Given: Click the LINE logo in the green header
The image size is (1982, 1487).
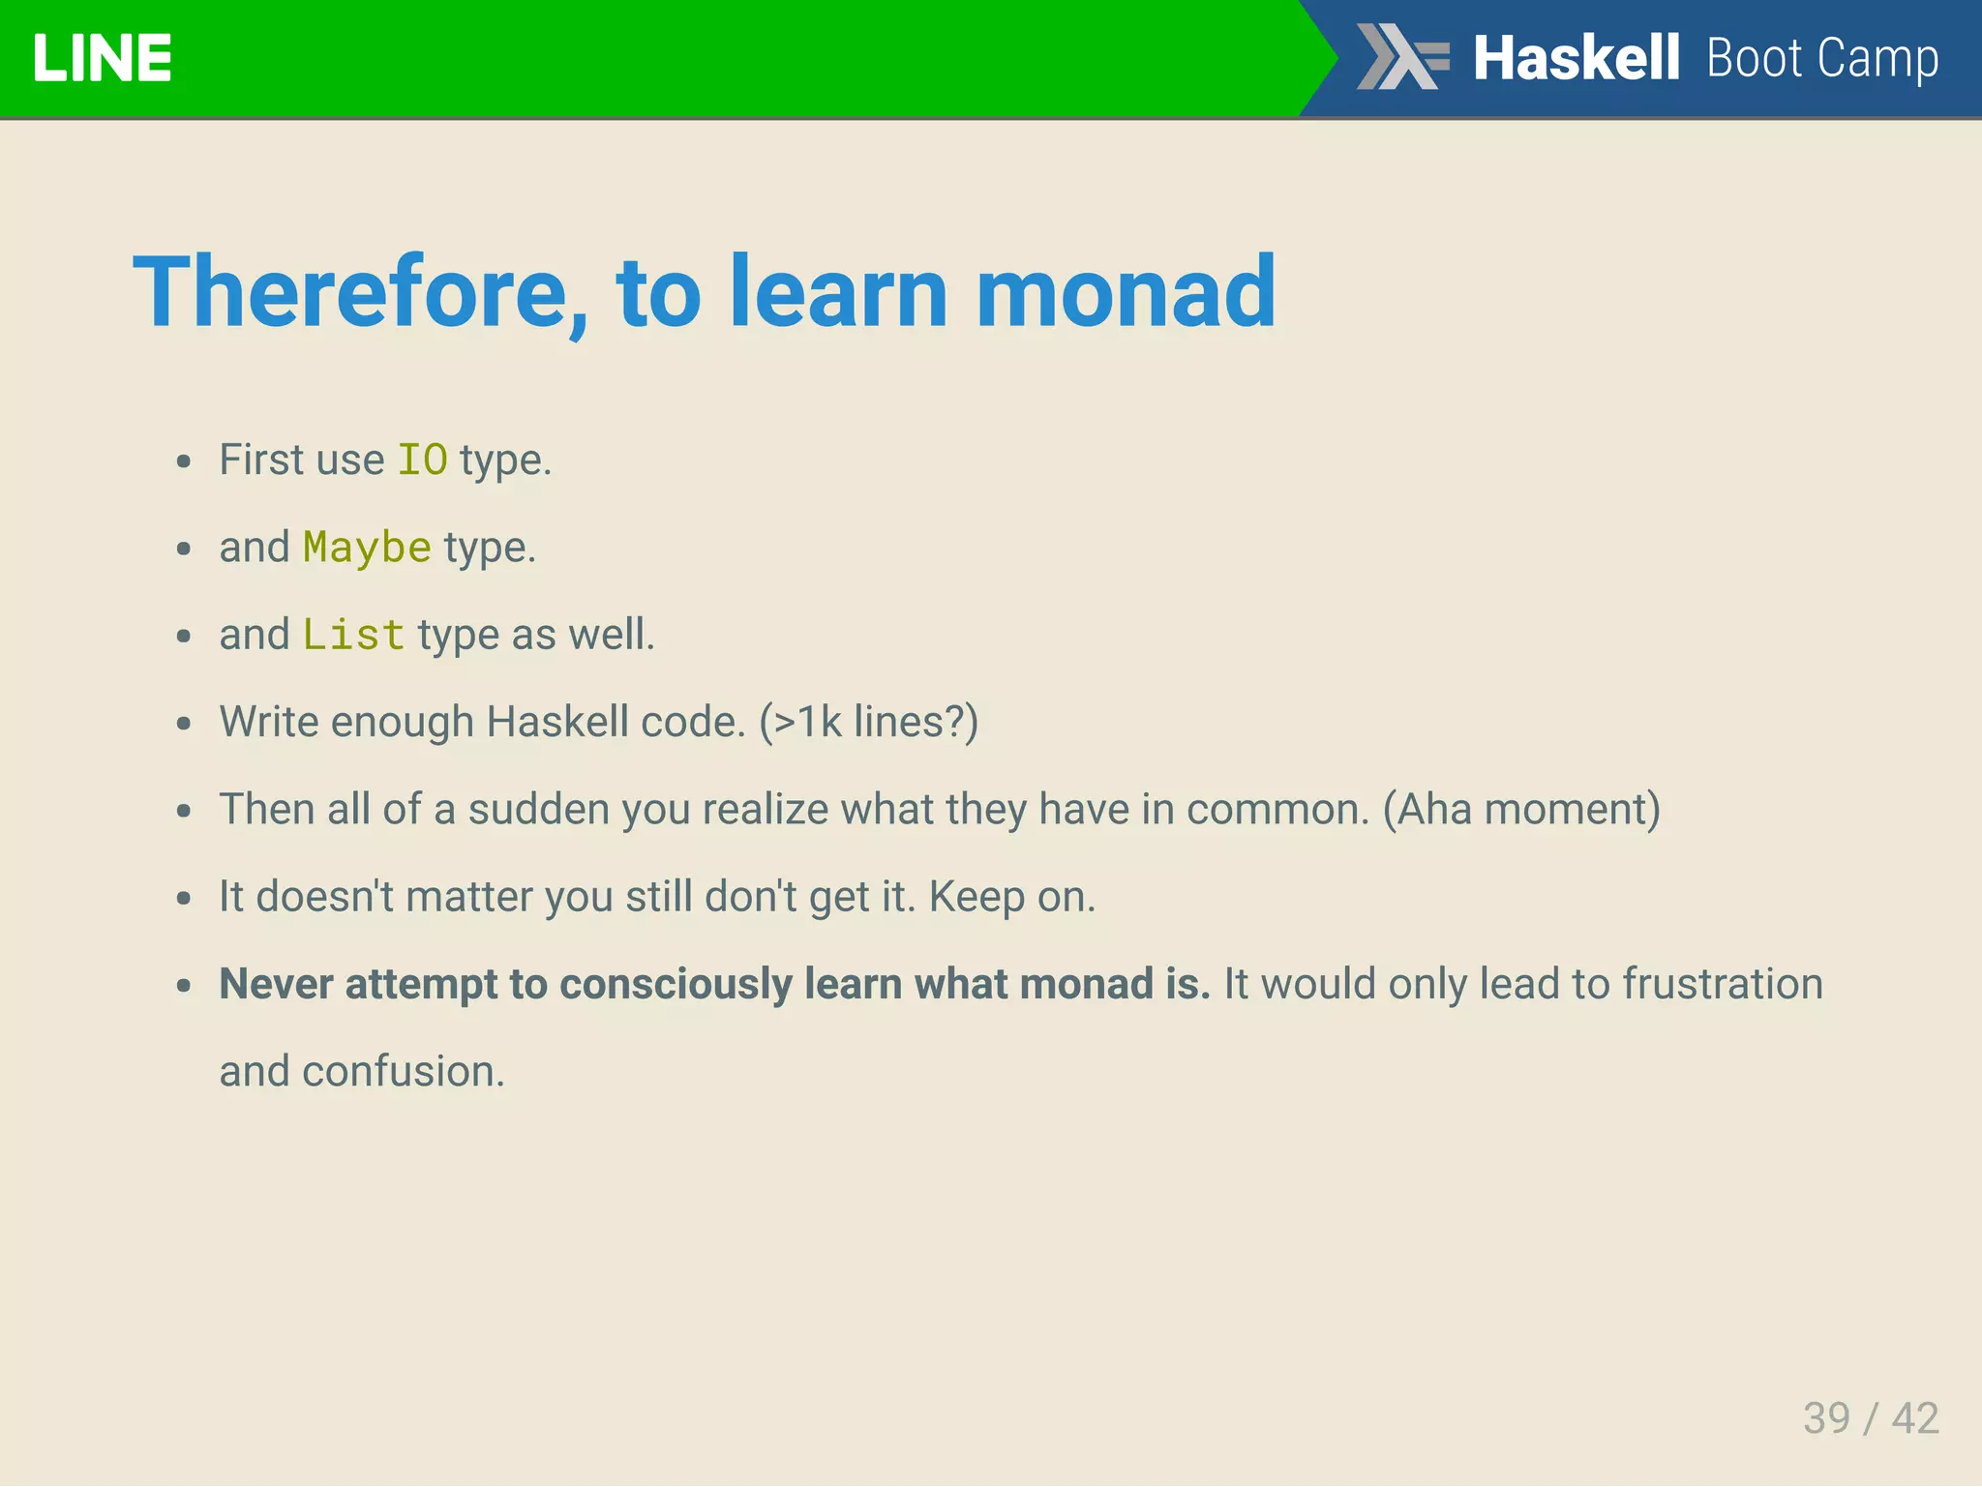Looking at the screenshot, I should coord(102,58).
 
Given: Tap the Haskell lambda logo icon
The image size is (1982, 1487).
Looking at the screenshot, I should coord(1401,57).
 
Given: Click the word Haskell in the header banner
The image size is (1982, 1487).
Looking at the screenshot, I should coord(1576,58).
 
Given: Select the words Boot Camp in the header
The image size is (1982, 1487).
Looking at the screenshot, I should coord(1822,58).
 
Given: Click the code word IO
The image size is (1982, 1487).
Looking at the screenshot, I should coord(423,460).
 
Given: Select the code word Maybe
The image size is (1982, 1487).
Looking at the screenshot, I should coord(367,548).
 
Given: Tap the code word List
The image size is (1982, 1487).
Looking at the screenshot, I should coord(353,635).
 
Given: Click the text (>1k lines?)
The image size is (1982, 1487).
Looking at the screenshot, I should coord(868,722).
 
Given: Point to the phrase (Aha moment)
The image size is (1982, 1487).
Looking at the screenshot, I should coord(1521,809).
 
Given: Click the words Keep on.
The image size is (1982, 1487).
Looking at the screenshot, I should coord(1011,897).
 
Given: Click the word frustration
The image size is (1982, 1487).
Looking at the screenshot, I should coord(1723,984).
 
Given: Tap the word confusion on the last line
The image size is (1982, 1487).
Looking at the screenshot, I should coord(403,1072).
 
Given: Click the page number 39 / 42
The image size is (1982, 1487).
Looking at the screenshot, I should coord(1870,1418).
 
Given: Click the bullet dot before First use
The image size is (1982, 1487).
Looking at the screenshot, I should coord(184,461).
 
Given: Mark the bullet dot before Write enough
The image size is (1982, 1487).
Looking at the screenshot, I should coord(184,724).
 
